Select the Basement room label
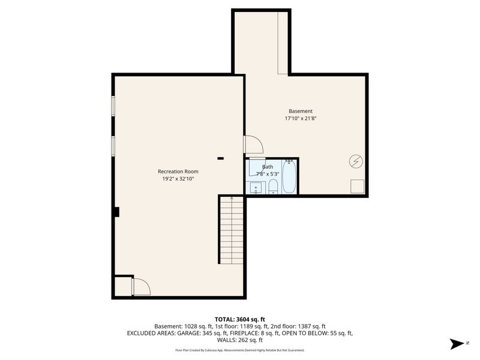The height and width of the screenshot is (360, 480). click(301, 111)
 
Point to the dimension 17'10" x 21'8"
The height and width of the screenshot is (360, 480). click(301, 119)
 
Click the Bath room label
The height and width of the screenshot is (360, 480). click(268, 167)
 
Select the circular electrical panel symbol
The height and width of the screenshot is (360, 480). click(356, 161)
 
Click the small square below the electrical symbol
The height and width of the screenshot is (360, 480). click(357, 186)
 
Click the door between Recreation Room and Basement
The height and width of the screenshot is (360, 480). click(252, 145)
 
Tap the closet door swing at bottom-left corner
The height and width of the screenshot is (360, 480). click(141, 286)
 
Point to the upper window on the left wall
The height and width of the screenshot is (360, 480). click(113, 105)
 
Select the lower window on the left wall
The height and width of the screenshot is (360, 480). click(113, 146)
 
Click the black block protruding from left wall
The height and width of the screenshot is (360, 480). click(116, 212)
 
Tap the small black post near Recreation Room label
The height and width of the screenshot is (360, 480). click(220, 158)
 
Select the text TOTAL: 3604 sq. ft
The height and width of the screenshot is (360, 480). click(240, 319)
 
